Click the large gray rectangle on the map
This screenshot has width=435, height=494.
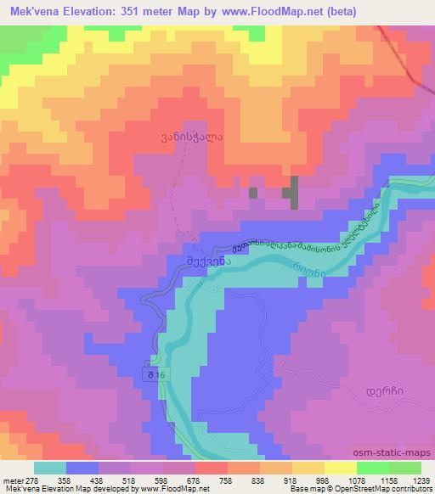click(294, 192)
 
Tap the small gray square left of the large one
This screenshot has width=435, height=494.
click(252, 194)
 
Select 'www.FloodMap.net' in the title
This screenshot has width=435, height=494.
click(266, 10)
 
